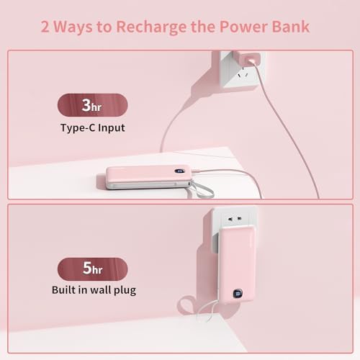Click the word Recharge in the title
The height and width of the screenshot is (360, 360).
pyautogui.click(x=162, y=27)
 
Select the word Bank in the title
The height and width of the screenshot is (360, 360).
pyautogui.click(x=289, y=27)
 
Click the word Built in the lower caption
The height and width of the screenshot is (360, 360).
pyautogui.click(x=66, y=290)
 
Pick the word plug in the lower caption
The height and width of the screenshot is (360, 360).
pyautogui.click(x=122, y=291)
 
